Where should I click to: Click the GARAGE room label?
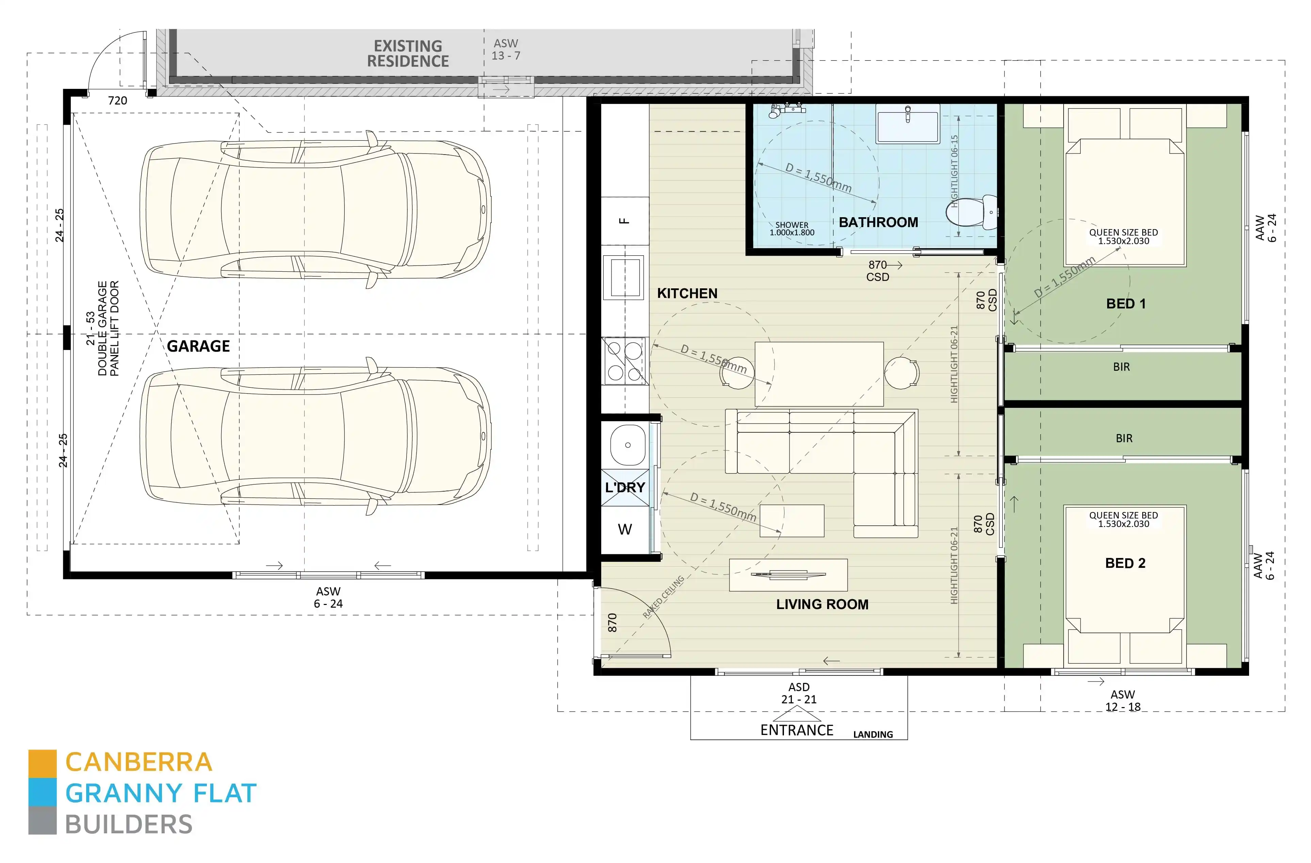198,346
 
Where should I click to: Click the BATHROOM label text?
878,223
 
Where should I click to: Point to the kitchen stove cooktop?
625,361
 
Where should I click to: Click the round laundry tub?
627,445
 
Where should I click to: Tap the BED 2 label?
1125,563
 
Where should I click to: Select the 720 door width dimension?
117,101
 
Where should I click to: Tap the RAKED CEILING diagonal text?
664,597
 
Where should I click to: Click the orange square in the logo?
43,764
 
